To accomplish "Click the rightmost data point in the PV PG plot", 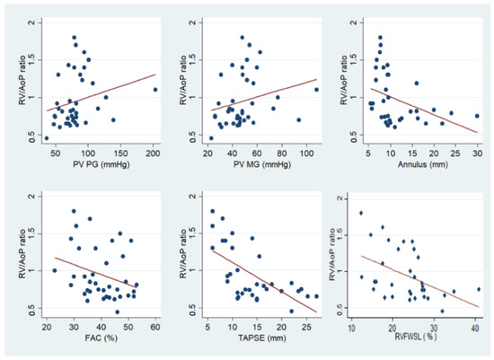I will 154,90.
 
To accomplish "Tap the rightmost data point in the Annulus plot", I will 477,116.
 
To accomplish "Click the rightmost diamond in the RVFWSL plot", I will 479,289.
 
